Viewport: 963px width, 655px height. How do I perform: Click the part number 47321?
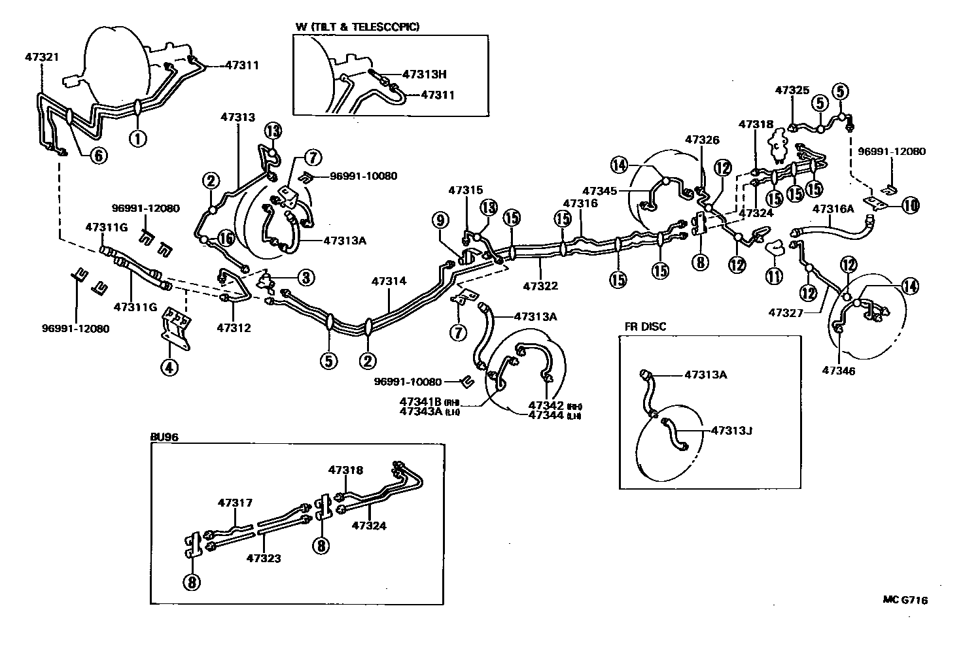pyautogui.click(x=42, y=57)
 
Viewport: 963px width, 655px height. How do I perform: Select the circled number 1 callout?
pyautogui.click(x=139, y=138)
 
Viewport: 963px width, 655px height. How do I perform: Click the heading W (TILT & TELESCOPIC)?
pyautogui.click(x=357, y=27)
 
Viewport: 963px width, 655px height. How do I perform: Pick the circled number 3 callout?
pyautogui.click(x=305, y=277)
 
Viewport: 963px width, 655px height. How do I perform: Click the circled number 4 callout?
pyautogui.click(x=169, y=367)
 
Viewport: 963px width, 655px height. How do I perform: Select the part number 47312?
pyautogui.click(x=234, y=327)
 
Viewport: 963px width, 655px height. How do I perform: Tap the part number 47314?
pyautogui.click(x=389, y=282)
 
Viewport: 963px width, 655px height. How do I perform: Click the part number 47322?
pyautogui.click(x=541, y=286)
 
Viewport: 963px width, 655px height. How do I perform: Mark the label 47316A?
pyautogui.click(x=833, y=209)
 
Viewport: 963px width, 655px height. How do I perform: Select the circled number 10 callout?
pyautogui.click(x=909, y=205)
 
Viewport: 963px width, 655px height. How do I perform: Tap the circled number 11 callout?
pyautogui.click(x=775, y=277)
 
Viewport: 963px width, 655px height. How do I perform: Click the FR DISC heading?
pyautogui.click(x=645, y=326)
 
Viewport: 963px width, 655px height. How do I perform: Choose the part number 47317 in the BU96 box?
pyautogui.click(x=235, y=503)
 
